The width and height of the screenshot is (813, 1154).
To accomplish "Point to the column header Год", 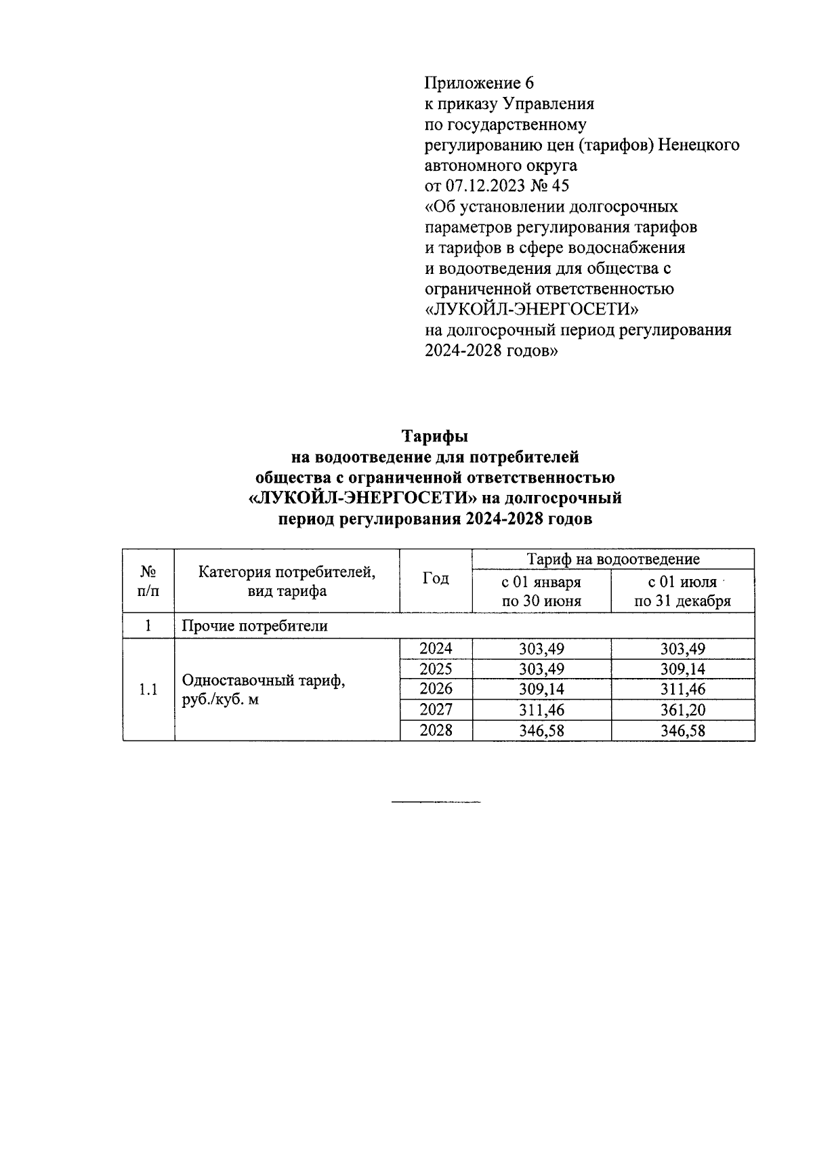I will [436, 579].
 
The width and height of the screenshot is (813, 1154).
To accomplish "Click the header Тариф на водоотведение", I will [613, 559].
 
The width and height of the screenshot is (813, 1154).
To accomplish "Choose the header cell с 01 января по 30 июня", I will [541, 591].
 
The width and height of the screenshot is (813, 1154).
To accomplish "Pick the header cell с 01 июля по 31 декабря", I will [682, 591].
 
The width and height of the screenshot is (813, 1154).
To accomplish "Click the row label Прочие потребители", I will [254, 625].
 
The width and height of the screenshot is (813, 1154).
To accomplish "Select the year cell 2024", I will [436, 648].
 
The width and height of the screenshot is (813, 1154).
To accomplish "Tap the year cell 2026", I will [436, 689].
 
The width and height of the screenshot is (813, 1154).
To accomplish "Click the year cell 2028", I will [436, 730].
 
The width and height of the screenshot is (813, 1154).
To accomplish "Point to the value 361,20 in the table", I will [682, 710].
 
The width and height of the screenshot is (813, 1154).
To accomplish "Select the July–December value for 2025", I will [682, 669].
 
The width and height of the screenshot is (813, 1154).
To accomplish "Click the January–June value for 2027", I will [541, 710].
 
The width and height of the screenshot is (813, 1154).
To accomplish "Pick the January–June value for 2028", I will [541, 730].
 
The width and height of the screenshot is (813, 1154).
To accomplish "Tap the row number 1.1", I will [148, 690].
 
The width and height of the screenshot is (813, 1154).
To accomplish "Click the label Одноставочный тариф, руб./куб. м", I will [264, 690].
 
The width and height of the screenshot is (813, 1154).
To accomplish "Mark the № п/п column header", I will [148, 580].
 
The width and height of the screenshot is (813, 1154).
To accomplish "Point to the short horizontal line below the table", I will [436, 803].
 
